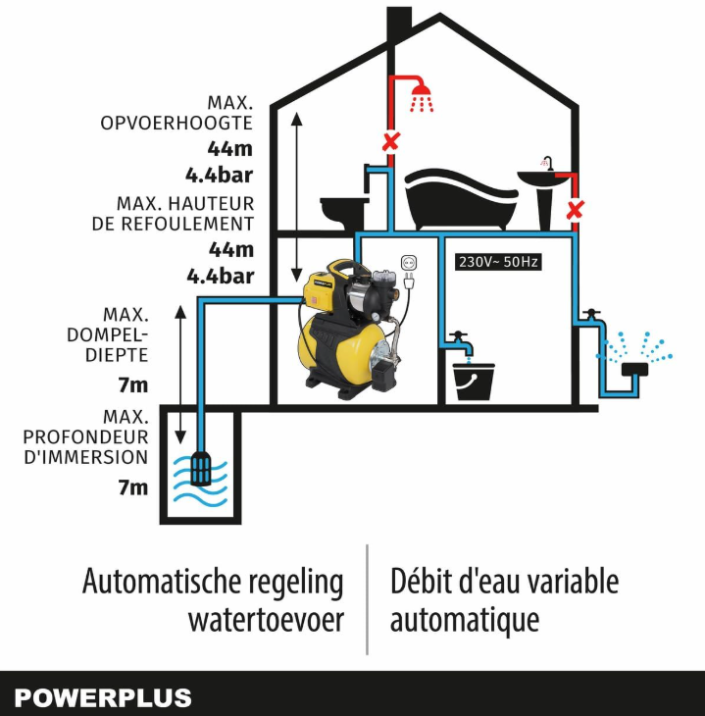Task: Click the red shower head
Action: tap(422, 97)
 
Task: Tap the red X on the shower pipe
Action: tap(391, 141)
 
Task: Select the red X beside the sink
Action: tap(575, 211)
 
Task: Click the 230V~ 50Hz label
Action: tap(498, 262)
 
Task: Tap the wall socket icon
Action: tap(409, 263)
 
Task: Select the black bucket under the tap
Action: tap(474, 382)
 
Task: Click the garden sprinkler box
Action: tap(634, 369)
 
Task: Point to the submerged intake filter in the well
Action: tap(201, 468)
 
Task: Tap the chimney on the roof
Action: tap(399, 26)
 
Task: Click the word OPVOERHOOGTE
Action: tap(176, 123)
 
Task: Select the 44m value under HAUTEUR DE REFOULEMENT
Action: tap(231, 249)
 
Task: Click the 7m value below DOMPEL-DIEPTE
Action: tap(133, 384)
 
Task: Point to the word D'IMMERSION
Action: tap(86, 457)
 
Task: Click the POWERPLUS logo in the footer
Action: tap(103, 698)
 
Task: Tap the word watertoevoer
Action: tap(266, 620)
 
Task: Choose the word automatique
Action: tap(465, 621)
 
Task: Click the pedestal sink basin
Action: tap(543, 179)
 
